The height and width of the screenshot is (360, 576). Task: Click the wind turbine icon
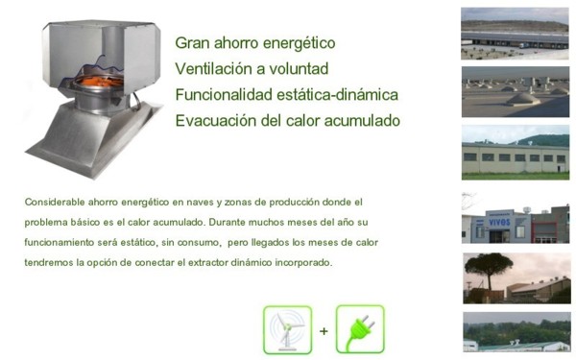click(x=287, y=329)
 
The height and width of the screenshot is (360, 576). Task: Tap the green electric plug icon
click(x=360, y=329)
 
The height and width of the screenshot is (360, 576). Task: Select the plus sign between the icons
click(x=324, y=331)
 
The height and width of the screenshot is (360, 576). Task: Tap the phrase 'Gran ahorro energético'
click(x=254, y=43)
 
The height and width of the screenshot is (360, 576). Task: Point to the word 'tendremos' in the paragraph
click(x=48, y=263)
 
